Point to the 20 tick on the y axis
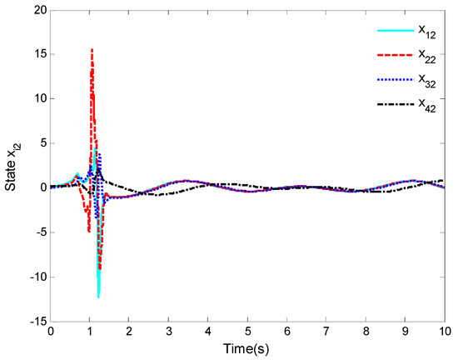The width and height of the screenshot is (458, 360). click(36, 9)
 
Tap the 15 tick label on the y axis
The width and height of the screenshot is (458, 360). click(36, 54)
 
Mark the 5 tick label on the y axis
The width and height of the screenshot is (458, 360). click(39, 142)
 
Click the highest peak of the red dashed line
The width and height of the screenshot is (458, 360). click(92, 49)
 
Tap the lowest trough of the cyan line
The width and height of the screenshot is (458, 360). click(98, 297)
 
